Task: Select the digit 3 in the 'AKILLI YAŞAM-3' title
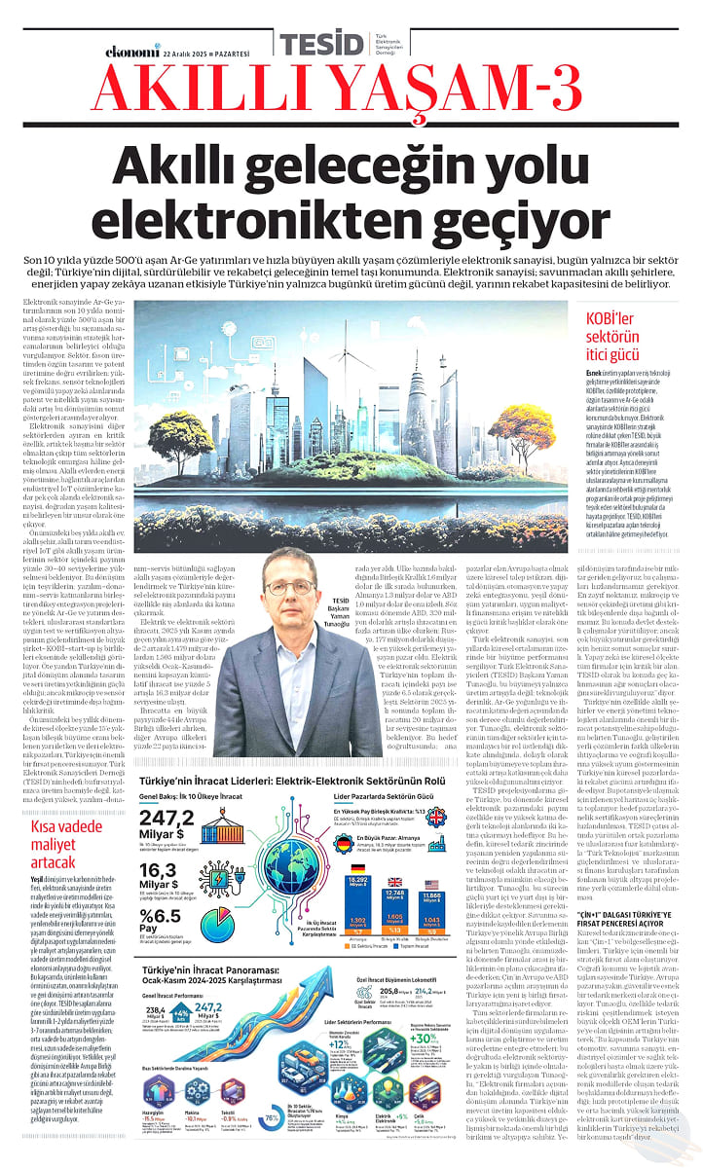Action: coord(556,92)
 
